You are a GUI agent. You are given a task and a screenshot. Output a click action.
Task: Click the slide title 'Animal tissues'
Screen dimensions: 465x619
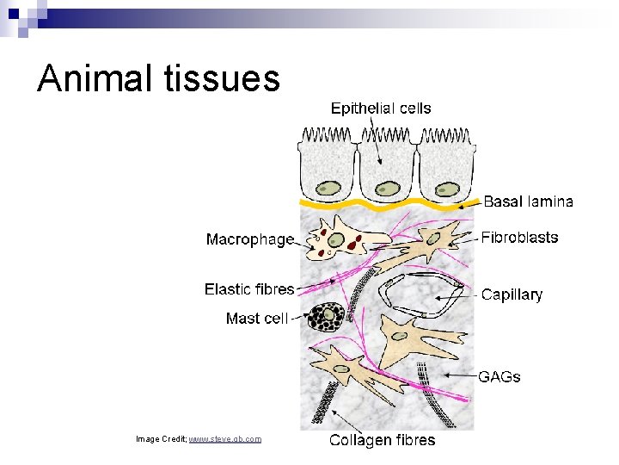159,78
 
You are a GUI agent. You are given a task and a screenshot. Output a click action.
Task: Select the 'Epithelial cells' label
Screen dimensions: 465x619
381,108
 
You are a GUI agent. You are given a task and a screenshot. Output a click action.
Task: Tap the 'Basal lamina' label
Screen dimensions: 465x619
528,201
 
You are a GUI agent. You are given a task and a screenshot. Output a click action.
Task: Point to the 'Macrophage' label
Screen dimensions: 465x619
249,239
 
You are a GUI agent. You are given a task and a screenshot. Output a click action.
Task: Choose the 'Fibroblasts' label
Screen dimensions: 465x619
519,238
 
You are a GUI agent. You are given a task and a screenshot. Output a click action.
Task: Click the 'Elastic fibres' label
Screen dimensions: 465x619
249,289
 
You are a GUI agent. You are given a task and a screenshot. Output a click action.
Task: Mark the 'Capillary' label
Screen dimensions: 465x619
512,294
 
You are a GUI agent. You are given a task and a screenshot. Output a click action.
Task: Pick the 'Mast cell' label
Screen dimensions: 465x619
256,319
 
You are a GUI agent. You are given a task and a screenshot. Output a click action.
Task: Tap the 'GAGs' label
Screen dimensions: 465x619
500,376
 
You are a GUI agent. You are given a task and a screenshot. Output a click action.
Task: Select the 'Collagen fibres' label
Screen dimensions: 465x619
383,441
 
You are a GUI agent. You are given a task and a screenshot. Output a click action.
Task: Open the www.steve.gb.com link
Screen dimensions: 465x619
224,439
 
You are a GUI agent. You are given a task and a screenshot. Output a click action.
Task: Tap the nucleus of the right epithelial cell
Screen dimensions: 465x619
445,189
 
